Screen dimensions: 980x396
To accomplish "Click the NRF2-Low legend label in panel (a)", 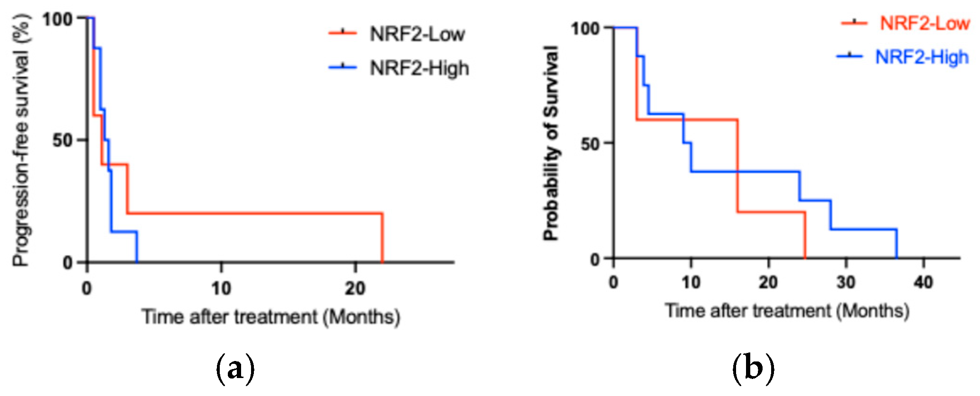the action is [x=417, y=34].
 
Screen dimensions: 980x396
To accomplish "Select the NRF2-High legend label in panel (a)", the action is [x=420, y=68].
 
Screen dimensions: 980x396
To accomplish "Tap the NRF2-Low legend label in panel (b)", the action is [x=925, y=23].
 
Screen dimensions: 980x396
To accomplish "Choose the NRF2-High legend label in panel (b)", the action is [x=922, y=57].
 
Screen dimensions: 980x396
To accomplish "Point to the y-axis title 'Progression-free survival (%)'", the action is [x=21, y=141].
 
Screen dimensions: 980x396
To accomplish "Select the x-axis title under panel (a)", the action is [x=271, y=317].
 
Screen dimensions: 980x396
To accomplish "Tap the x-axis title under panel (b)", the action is [x=787, y=311].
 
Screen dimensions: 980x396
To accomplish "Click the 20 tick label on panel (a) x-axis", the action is [x=355, y=288].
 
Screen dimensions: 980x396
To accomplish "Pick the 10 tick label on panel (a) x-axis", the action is [x=221, y=288].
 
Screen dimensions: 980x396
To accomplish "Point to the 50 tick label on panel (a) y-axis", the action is [x=63, y=140].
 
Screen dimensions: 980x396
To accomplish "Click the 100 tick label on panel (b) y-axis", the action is [x=585, y=28].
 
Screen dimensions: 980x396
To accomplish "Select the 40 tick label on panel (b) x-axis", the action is [x=924, y=282].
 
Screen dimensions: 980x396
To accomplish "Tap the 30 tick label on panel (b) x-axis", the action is [x=846, y=282].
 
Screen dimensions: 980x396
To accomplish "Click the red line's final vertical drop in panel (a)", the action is [x=382, y=238].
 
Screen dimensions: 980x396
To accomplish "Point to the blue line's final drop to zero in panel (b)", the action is [x=897, y=244].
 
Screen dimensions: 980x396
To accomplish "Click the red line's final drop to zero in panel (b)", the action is [x=805, y=235].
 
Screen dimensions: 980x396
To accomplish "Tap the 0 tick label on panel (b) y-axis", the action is [x=595, y=259].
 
